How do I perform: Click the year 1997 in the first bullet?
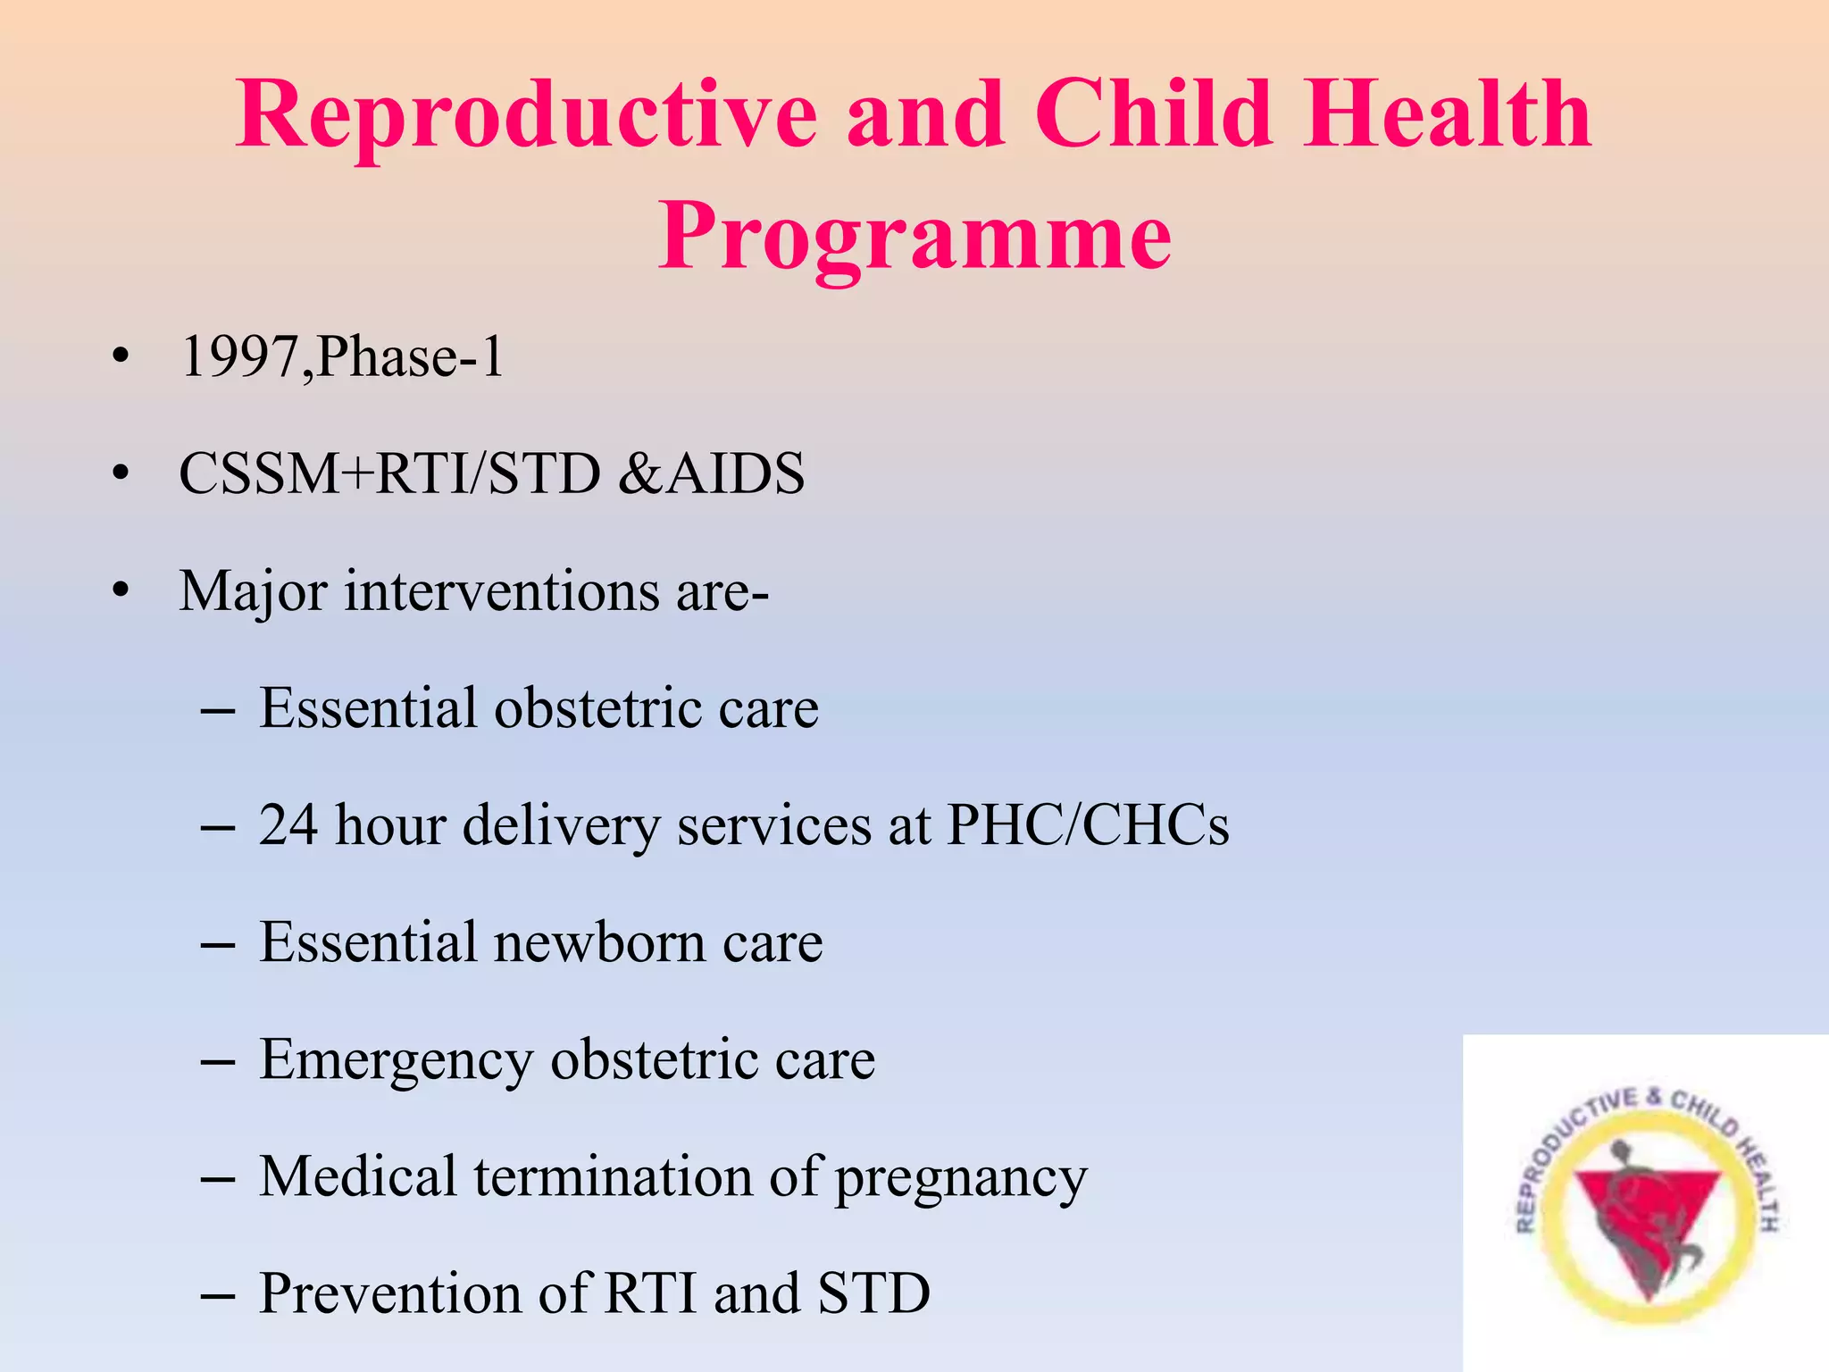pyautogui.click(x=240, y=356)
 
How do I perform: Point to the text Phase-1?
pyautogui.click(x=410, y=358)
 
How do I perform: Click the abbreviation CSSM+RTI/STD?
pyautogui.click(x=389, y=473)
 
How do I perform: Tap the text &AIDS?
pyautogui.click(x=712, y=473)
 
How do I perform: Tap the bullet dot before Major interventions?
pyautogui.click(x=121, y=590)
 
